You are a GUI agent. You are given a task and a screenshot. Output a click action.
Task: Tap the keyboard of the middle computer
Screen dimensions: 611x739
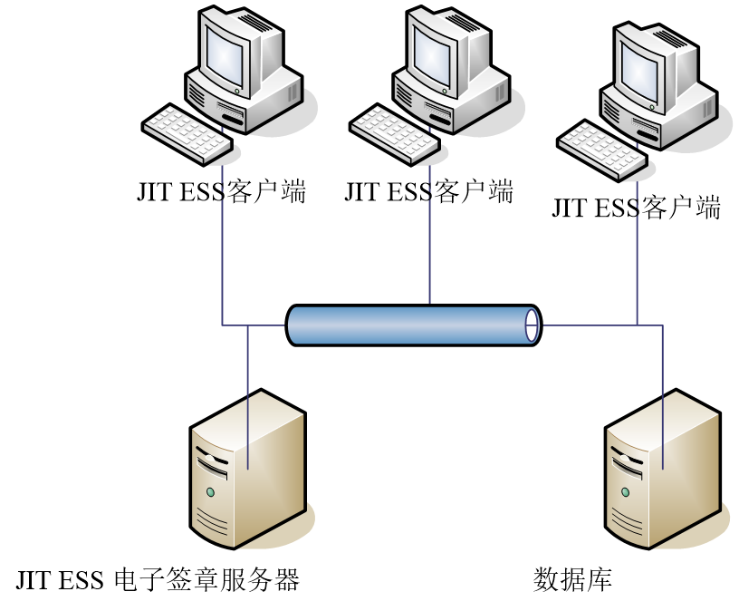[395, 134]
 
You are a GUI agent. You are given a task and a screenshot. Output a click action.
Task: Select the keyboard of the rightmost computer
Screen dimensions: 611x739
[602, 150]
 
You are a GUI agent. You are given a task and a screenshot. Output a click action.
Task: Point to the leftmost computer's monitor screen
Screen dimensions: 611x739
[224, 53]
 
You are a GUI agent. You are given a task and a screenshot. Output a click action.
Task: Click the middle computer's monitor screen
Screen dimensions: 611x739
[431, 53]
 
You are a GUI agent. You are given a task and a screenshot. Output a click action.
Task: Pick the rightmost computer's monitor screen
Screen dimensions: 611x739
[639, 69]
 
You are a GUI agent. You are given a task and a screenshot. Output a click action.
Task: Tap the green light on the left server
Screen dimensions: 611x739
[210, 492]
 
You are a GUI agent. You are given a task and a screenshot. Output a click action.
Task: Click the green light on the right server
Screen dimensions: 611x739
[625, 492]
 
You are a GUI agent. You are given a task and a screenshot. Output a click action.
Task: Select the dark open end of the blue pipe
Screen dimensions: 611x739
[532, 325]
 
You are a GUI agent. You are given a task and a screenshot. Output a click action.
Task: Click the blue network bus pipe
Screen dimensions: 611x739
[408, 325]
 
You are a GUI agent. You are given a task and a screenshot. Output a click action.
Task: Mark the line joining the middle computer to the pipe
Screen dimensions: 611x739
[429, 245]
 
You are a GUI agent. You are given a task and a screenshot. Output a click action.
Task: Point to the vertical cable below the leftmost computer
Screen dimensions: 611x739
[222, 254]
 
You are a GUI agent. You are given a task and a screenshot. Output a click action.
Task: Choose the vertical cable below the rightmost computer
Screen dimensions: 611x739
[637, 263]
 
